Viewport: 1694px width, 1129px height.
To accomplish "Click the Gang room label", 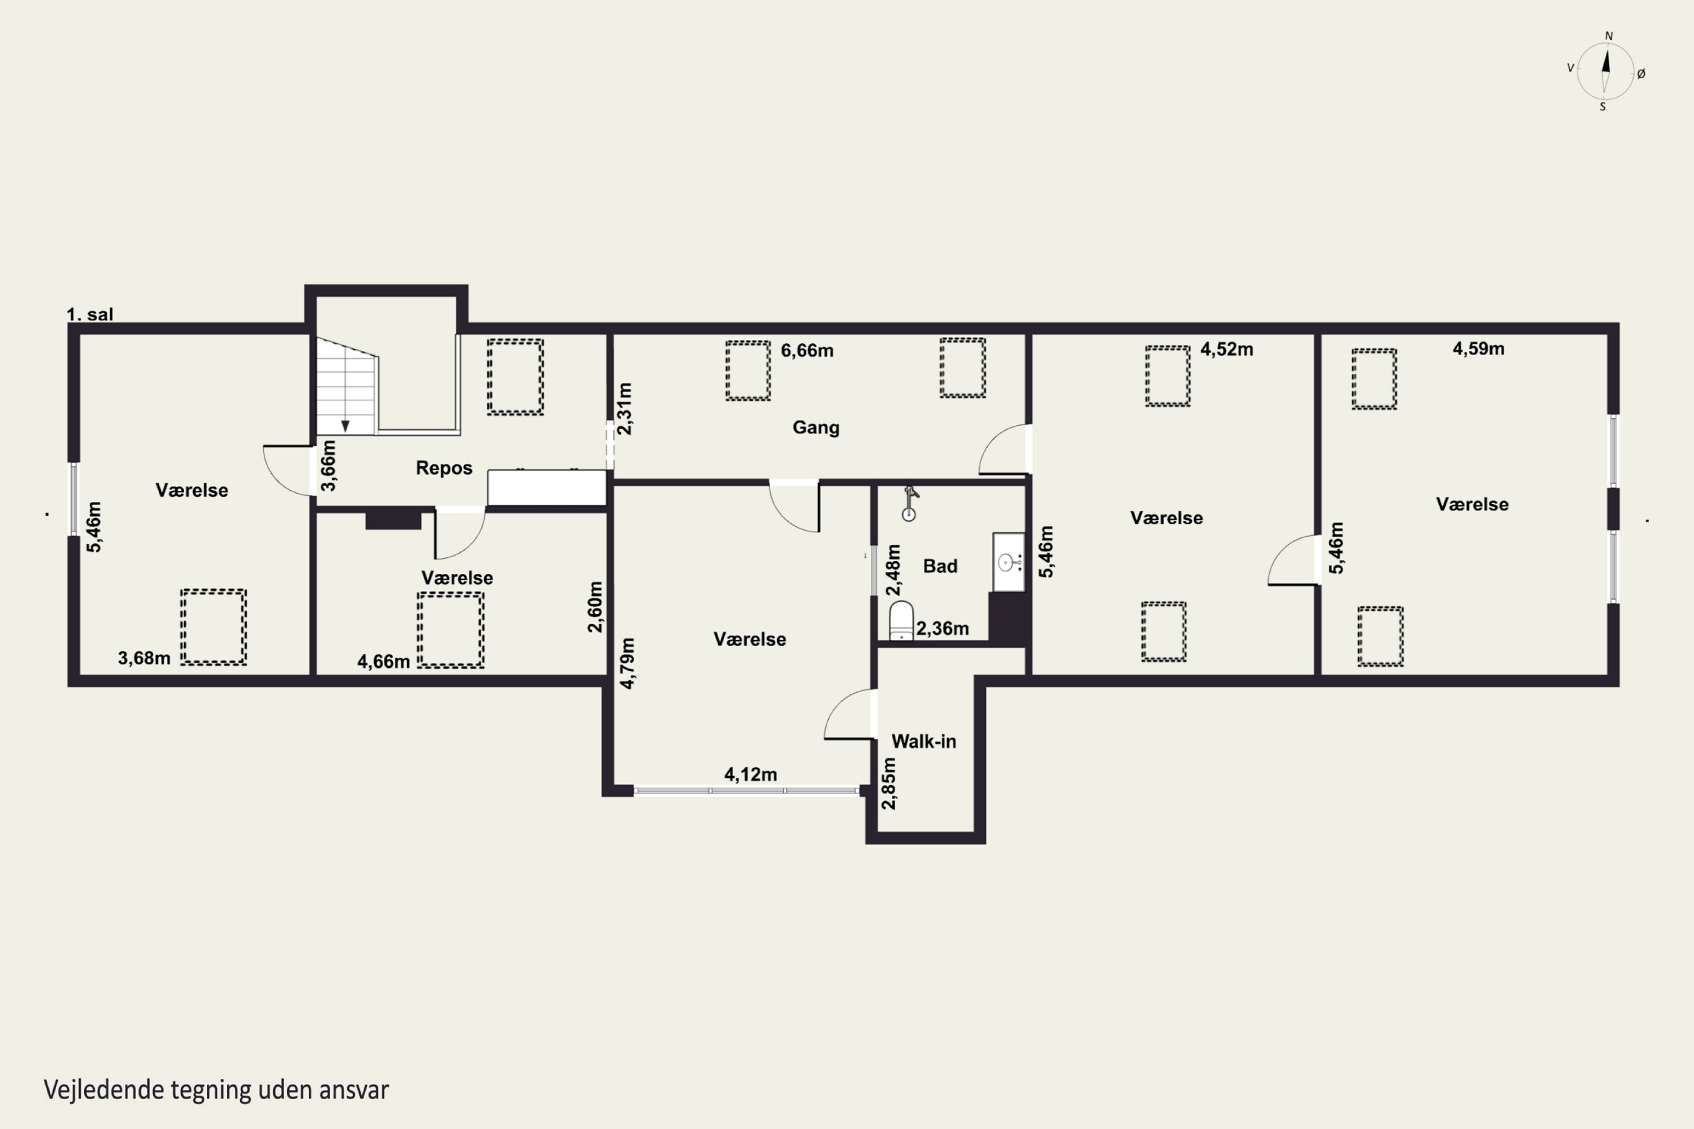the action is click(816, 428).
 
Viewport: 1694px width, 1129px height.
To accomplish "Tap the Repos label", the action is click(444, 468).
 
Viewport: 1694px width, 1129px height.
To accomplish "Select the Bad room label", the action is click(940, 566).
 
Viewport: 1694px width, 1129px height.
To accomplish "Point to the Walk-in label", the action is click(924, 741).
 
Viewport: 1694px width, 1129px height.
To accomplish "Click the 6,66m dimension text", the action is click(807, 351).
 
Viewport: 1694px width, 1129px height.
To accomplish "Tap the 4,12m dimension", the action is click(750, 774).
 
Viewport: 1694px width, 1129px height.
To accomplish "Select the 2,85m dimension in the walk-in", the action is click(889, 784).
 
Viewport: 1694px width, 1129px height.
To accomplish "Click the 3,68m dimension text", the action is click(144, 658).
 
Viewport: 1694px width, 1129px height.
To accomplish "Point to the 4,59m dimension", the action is click(1478, 348).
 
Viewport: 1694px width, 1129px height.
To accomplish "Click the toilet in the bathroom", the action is click(901, 620).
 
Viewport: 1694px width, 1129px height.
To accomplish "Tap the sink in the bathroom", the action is click(1008, 562).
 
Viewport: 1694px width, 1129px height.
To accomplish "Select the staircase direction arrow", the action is click(345, 426).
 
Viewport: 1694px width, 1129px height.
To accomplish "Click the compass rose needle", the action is click(1605, 71).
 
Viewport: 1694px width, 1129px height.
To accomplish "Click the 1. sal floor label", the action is click(90, 314).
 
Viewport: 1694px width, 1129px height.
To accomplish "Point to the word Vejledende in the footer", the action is click(104, 1090).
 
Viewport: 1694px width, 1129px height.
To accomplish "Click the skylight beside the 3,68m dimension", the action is click(213, 627).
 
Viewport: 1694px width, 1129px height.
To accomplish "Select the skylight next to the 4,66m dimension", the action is click(450, 630).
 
